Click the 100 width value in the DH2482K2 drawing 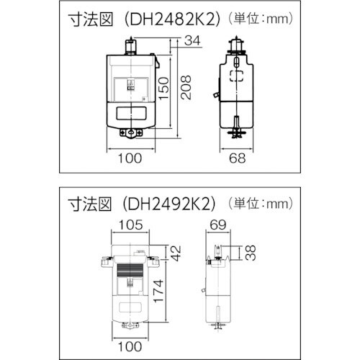click(x=130, y=159)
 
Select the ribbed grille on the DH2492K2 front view click(x=130, y=274)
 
